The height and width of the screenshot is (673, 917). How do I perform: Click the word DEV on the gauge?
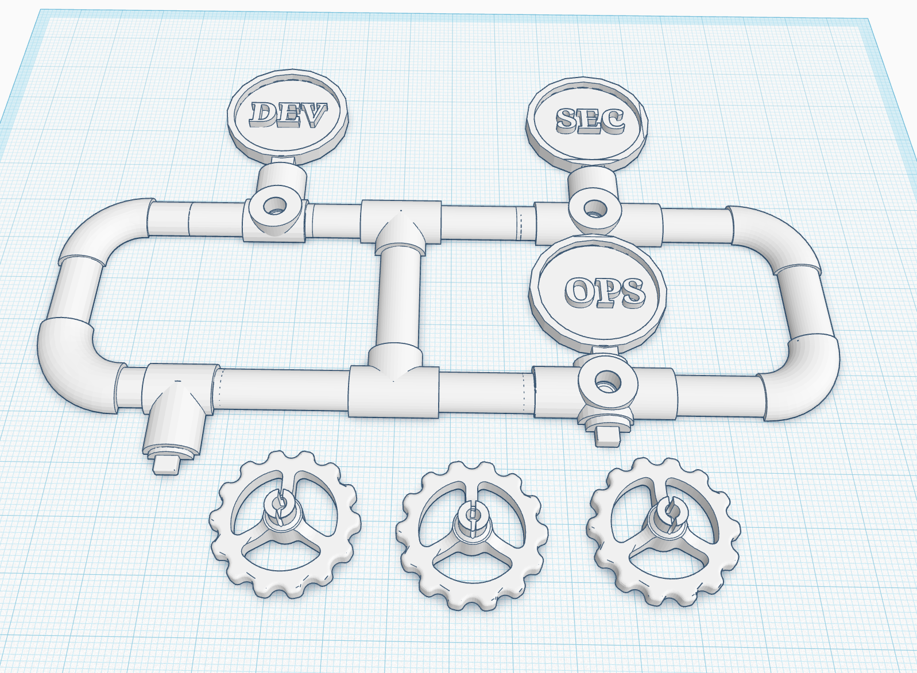coord(288,114)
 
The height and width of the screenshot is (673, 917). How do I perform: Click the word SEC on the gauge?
coord(590,121)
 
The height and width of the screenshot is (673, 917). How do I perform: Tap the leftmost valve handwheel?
coord(285,524)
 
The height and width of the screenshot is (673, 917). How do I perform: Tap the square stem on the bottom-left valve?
coord(168,465)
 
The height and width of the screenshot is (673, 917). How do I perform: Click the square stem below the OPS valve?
coord(608,437)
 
